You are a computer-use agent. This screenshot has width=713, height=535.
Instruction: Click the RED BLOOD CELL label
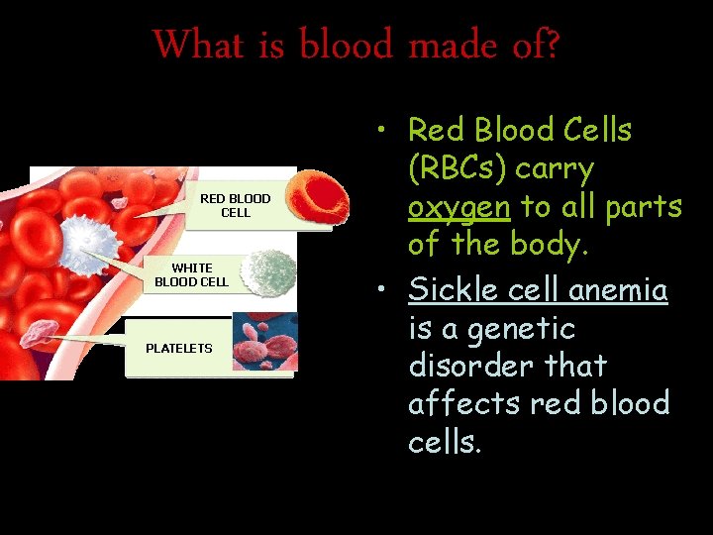[236, 206]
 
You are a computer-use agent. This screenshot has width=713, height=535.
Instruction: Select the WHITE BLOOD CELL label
[191, 274]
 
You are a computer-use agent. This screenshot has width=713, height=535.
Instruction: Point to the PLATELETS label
[179, 348]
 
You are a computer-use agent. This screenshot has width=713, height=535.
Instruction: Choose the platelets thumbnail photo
[264, 342]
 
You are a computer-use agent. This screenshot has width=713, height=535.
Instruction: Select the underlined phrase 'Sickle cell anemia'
[538, 290]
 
